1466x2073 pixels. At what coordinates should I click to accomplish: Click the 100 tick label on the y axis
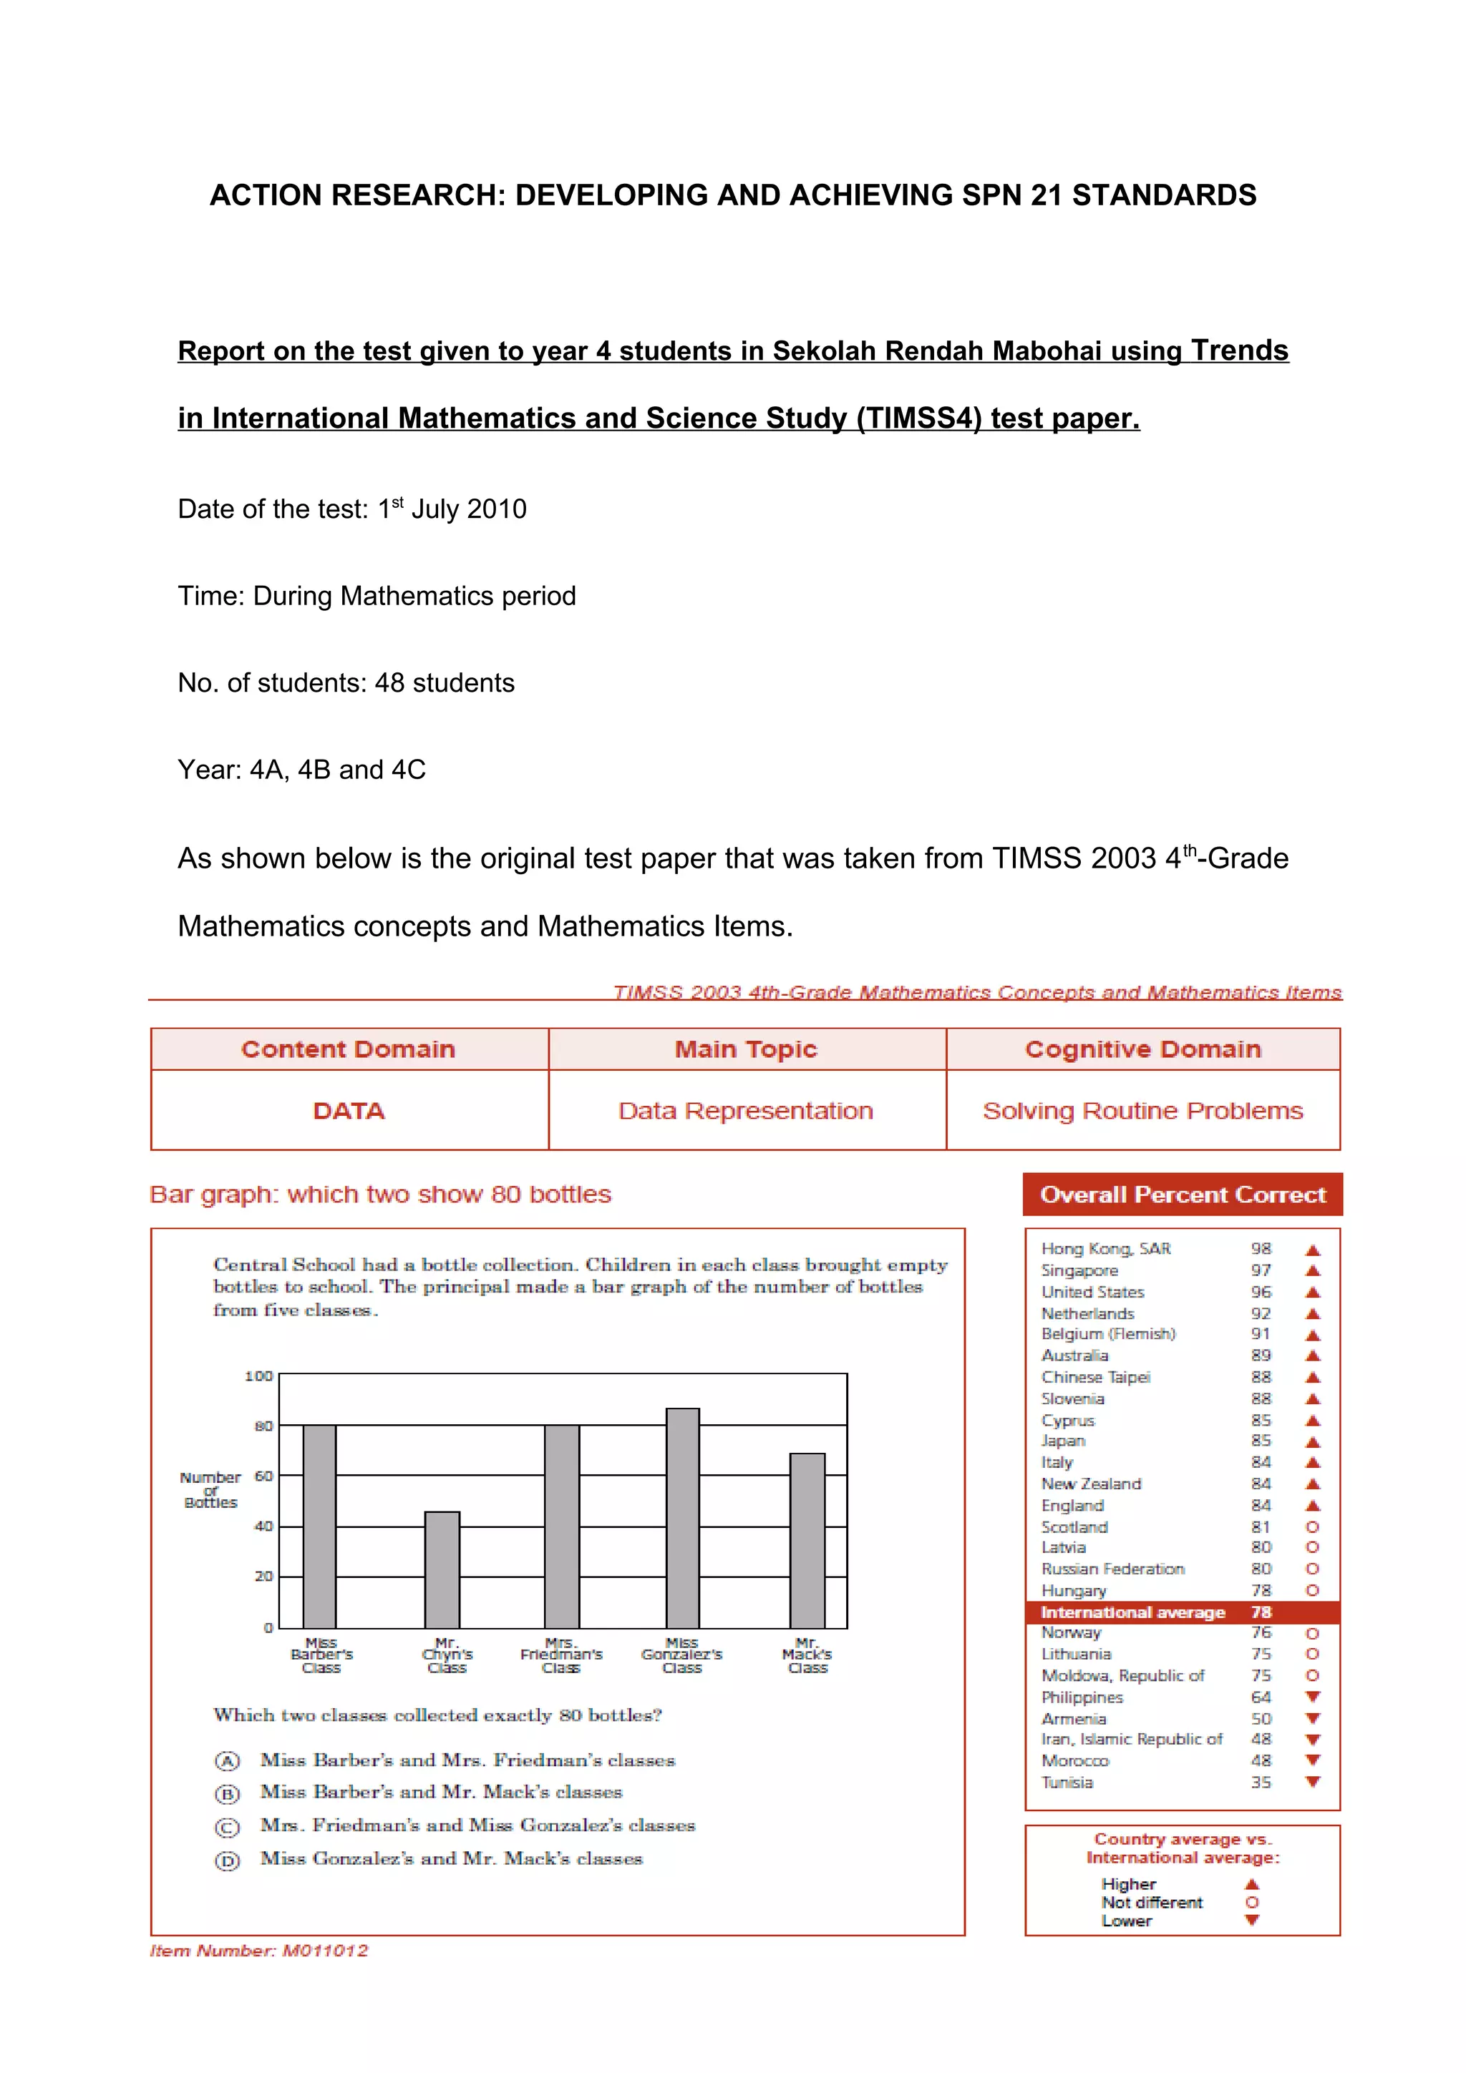pos(258,1376)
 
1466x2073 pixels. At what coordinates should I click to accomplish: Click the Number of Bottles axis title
pos(210,1490)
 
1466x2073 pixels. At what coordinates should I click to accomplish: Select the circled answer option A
pos(227,1760)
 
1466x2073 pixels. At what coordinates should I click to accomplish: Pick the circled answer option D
pos(227,1861)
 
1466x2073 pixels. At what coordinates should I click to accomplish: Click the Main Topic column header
pos(746,1049)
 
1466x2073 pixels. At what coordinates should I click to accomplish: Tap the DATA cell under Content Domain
pos(349,1110)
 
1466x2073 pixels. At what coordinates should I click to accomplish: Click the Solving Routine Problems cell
pos(1142,1110)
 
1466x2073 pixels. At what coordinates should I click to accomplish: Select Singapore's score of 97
pos(1261,1270)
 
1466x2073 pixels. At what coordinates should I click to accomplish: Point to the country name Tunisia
pos(1067,1783)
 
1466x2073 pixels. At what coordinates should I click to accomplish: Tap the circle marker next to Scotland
pos(1312,1526)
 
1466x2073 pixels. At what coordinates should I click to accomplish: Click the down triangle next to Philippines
pos(1312,1697)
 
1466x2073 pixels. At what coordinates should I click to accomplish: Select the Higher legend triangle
pos(1252,1884)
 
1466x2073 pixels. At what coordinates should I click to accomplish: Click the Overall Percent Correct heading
pos(1183,1195)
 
